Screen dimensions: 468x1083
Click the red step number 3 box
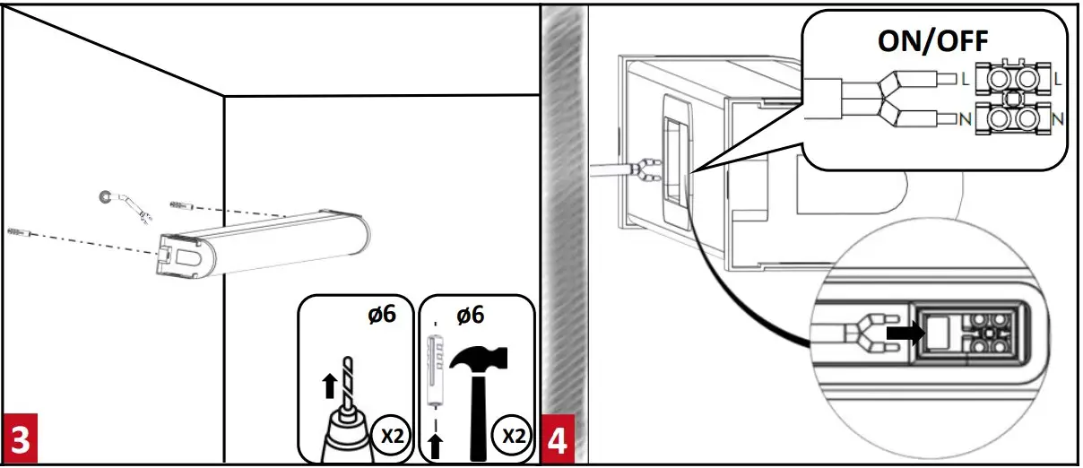tap(19, 441)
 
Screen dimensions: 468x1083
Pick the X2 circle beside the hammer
tap(514, 437)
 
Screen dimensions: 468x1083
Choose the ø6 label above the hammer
tap(472, 315)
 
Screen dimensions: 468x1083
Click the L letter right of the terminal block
tap(1059, 80)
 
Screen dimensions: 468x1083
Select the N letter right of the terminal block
tap(1059, 118)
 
